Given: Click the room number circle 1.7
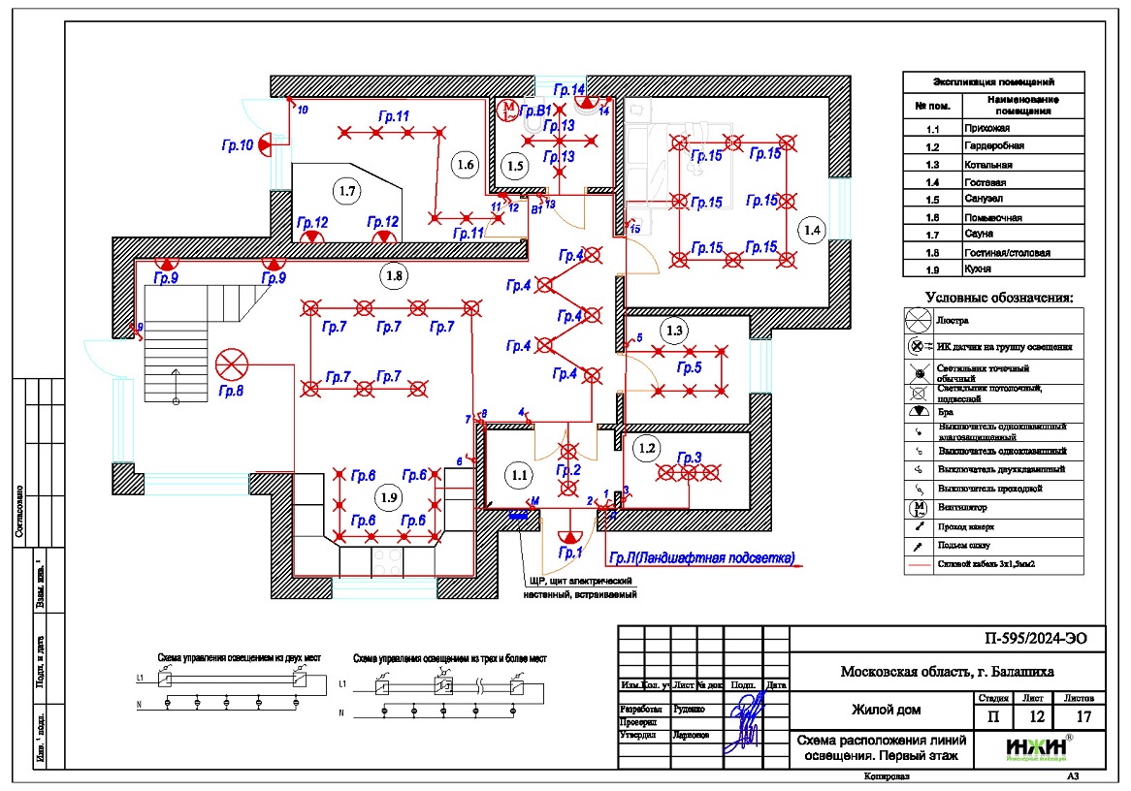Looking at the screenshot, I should pos(345,191).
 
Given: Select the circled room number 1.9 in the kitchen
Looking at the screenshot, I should pos(388,496).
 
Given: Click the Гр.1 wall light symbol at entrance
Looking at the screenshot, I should pos(569,534).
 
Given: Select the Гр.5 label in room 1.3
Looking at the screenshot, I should pos(689,368).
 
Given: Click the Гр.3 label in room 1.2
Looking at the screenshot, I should pos(689,458).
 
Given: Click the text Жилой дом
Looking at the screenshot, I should pos(886,710).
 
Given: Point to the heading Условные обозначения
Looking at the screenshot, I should pos(999,297).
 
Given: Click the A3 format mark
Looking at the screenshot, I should pos(1072,776).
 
